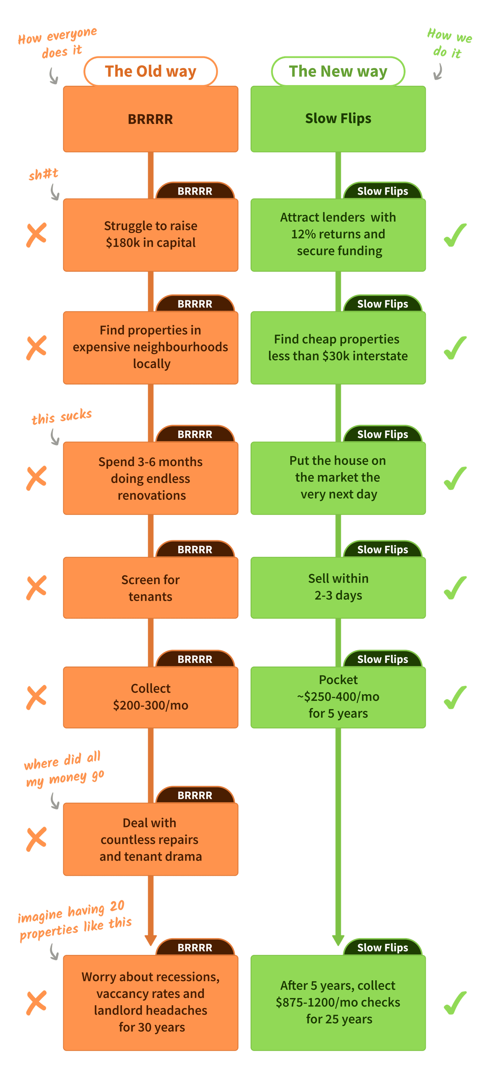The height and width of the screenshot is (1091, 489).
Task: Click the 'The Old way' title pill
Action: point(151,71)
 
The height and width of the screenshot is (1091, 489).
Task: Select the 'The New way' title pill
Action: point(338,71)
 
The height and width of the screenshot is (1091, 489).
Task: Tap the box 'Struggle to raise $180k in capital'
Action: point(151,235)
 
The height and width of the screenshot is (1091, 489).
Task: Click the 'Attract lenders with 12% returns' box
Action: point(338,235)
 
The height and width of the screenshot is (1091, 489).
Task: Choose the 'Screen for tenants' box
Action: point(151,588)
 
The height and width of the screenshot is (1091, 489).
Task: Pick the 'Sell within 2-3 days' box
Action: point(338,587)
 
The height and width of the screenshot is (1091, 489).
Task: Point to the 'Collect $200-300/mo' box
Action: point(151,697)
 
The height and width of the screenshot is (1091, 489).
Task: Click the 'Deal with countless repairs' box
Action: point(151,839)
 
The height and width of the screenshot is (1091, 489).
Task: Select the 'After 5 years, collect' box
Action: point(338,1003)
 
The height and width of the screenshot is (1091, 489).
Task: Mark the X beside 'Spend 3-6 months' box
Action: point(36,478)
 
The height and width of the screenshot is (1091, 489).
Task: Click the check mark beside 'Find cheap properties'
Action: point(455,348)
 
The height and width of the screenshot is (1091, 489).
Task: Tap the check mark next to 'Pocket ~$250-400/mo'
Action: point(455,697)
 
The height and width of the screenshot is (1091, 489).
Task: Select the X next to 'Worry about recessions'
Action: point(36,1003)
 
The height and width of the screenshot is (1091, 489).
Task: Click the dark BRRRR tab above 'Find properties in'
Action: point(195,304)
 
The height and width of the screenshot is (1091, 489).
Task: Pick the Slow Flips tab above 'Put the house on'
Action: point(383,434)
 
